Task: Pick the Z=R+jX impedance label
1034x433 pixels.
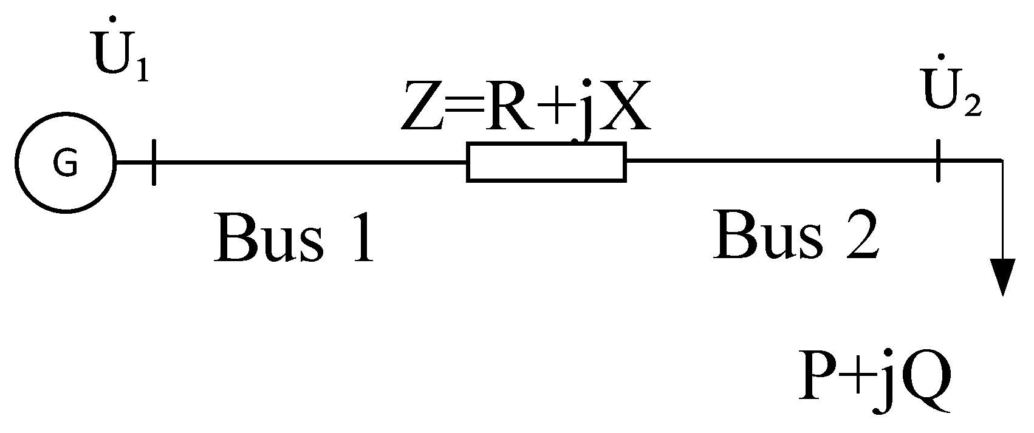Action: pyautogui.click(x=526, y=109)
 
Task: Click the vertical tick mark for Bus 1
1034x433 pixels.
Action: pyautogui.click(x=153, y=162)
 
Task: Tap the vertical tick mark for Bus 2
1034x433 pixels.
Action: pyautogui.click(x=939, y=161)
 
